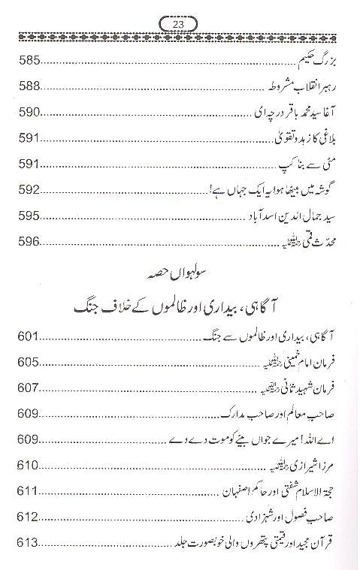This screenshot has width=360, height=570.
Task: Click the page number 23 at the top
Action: tap(179, 23)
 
